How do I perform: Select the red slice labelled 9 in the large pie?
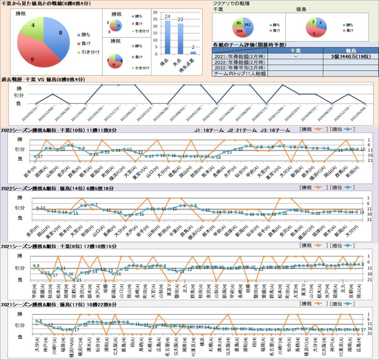click(34, 57)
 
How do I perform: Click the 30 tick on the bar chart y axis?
click(155, 12)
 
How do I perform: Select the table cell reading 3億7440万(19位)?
click(351, 56)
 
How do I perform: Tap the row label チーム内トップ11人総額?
click(240, 74)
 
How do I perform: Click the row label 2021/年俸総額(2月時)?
click(240, 56)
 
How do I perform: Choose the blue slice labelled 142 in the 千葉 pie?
click(247, 23)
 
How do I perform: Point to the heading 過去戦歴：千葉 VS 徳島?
click(43, 79)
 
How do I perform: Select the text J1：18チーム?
click(205, 130)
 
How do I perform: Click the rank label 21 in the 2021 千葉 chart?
click(79, 280)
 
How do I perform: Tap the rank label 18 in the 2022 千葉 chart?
click(218, 157)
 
